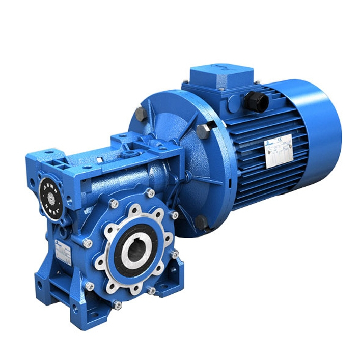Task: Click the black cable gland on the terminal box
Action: [254, 101]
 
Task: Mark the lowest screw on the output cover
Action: [117, 304]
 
